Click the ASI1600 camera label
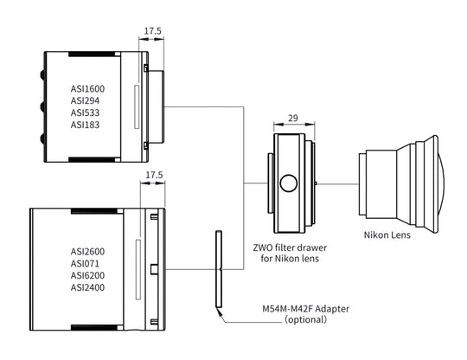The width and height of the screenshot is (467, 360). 87,89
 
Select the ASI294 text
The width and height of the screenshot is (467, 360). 85,100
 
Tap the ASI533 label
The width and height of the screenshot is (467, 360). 85,112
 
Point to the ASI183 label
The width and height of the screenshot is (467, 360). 85,125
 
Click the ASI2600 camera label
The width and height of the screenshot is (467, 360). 87,252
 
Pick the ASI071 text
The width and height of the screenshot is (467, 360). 85,263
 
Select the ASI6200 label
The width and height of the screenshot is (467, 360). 87,275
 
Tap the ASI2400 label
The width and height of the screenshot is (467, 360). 87,287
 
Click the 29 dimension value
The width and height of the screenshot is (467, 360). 293,118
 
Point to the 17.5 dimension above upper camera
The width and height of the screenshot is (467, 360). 153,30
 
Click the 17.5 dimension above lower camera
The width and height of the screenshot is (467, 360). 154,175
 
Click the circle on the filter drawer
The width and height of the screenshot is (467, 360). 288,183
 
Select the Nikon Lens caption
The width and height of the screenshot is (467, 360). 387,235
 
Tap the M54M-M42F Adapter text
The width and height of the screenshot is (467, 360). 305,308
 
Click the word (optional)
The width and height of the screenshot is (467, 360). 305,319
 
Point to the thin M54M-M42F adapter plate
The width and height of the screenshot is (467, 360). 219,269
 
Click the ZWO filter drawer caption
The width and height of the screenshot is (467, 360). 290,253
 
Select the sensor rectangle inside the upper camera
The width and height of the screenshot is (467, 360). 137,107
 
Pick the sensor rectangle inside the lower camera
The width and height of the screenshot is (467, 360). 138,269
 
